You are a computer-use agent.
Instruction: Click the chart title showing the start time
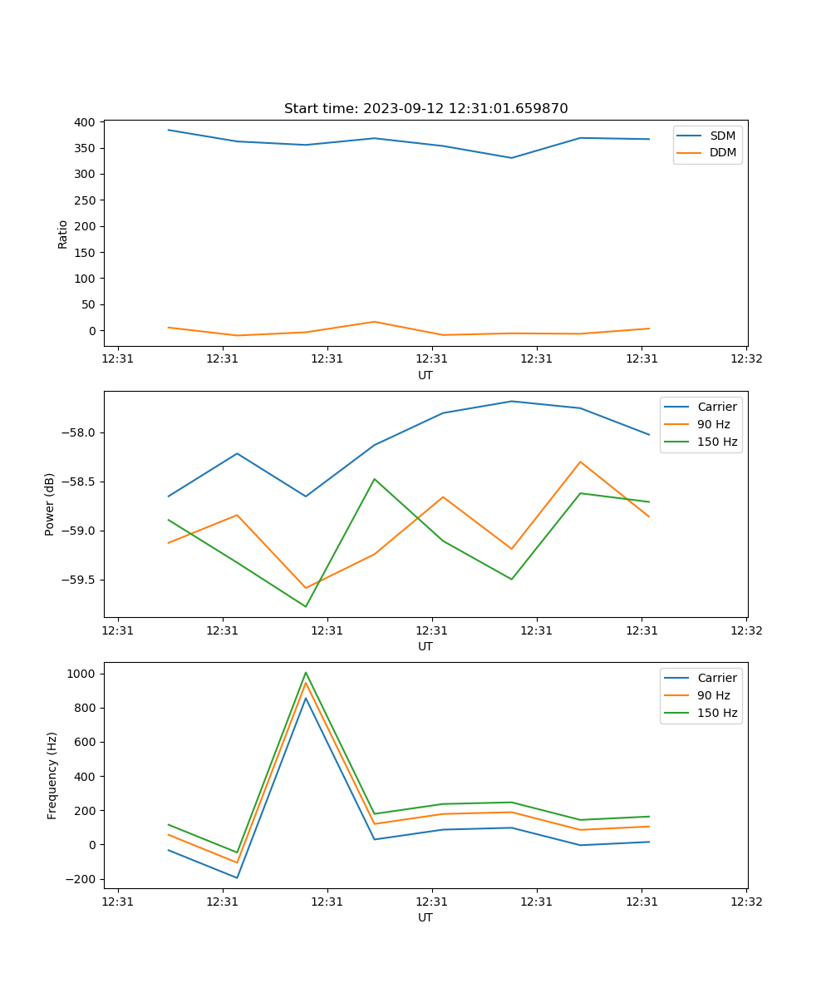(x=425, y=109)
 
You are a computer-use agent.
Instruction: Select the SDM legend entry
(x=722, y=136)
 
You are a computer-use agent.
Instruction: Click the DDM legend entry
(x=722, y=152)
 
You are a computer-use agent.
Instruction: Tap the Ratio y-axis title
(x=63, y=234)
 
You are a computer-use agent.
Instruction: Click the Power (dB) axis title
(x=50, y=504)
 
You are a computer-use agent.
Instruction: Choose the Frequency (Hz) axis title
(x=52, y=775)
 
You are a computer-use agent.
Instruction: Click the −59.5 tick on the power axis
(x=76, y=581)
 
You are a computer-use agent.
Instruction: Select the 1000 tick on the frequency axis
(x=82, y=674)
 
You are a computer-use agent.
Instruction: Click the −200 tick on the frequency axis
(x=80, y=879)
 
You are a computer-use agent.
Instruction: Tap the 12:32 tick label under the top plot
(x=745, y=359)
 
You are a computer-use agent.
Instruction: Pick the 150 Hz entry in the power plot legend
(x=717, y=442)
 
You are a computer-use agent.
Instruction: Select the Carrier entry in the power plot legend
(x=716, y=407)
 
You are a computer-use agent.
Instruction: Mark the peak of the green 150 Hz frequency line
(x=306, y=673)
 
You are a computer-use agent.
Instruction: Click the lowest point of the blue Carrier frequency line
(x=237, y=877)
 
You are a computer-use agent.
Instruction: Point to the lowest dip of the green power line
(x=306, y=606)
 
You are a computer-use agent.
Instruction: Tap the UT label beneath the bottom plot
(x=425, y=917)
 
